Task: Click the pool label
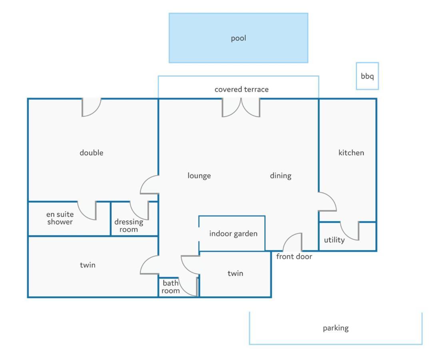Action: coord(239,38)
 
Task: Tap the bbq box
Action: coord(367,76)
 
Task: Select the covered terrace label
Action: coord(241,90)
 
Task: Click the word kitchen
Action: coord(351,153)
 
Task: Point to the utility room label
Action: coord(334,240)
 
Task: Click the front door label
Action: coord(294,256)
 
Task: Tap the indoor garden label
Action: coord(233,234)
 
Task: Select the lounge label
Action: coord(199,176)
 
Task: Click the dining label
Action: coord(281,176)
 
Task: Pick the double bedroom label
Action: coord(92,153)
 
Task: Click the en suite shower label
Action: coord(60,218)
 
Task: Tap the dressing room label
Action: coord(129,226)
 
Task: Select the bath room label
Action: coord(171,287)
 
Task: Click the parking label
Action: coord(336,328)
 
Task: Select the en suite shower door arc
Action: coord(84,214)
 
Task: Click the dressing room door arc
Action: coord(136,214)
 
